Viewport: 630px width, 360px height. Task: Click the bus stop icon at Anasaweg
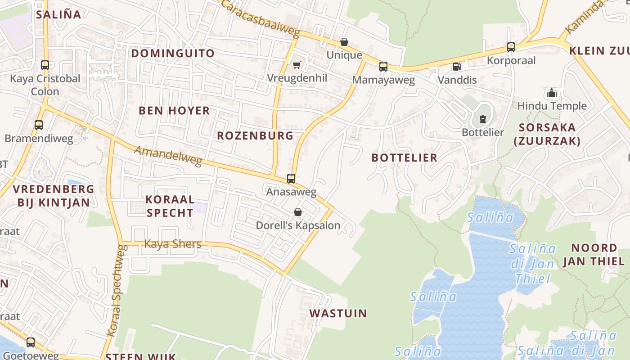pyautogui.click(x=291, y=179)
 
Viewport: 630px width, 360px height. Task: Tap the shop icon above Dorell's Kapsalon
pyautogui.click(x=297, y=212)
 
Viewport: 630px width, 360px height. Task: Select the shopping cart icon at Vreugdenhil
pyautogui.click(x=297, y=65)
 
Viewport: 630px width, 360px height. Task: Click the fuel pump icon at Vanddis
pyautogui.click(x=457, y=67)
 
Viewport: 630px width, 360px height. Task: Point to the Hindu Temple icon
pyautogui.click(x=552, y=93)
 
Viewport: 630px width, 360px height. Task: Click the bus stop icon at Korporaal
pyautogui.click(x=511, y=47)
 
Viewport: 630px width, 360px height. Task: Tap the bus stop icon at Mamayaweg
pyautogui.click(x=383, y=67)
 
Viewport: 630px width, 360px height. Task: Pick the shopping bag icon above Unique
pyautogui.click(x=344, y=42)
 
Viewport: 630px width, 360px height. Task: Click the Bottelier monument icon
pyautogui.click(x=483, y=119)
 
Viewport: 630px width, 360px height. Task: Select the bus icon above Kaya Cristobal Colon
pyautogui.click(x=45, y=65)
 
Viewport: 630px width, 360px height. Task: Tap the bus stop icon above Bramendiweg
pyautogui.click(x=39, y=125)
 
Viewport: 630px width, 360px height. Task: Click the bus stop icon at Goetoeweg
pyautogui.click(x=30, y=342)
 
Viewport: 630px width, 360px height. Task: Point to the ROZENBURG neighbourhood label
pyautogui.click(x=255, y=135)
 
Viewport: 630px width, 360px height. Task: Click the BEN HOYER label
pyautogui.click(x=174, y=110)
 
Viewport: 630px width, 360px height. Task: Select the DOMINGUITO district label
pyautogui.click(x=173, y=53)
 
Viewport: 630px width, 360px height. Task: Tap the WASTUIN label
pyautogui.click(x=338, y=313)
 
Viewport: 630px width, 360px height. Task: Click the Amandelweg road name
pyautogui.click(x=168, y=156)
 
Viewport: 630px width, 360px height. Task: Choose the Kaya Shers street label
pyautogui.click(x=172, y=244)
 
